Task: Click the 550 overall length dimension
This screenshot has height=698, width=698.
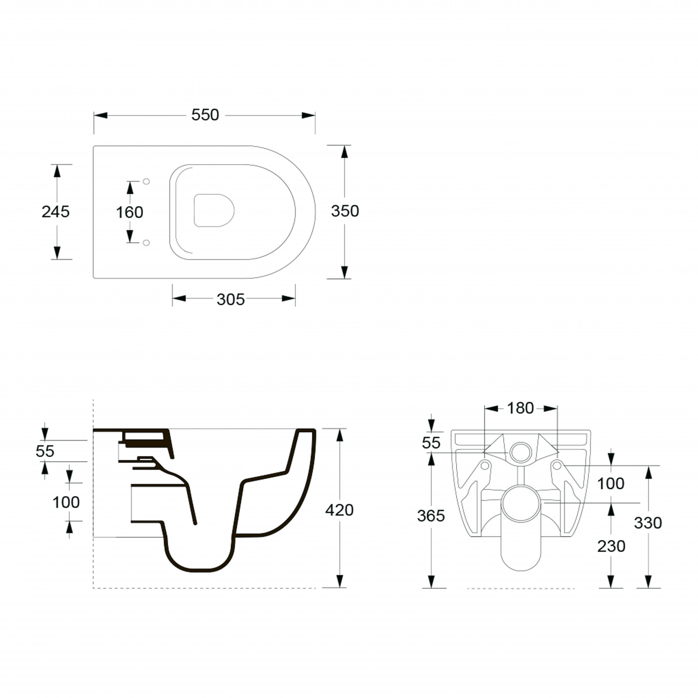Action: click(x=205, y=115)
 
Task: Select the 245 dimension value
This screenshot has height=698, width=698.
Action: click(x=55, y=212)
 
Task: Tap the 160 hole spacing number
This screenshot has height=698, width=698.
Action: click(x=130, y=212)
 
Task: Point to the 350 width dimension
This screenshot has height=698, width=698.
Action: click(x=345, y=211)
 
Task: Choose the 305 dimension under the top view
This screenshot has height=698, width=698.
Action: click(x=230, y=300)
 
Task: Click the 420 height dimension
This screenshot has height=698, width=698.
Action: click(x=339, y=510)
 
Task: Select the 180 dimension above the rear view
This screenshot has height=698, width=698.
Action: click(x=520, y=408)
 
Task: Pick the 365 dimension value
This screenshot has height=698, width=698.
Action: click(x=431, y=516)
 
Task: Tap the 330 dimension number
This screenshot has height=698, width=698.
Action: click(x=648, y=523)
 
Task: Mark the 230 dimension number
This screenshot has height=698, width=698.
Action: click(x=611, y=546)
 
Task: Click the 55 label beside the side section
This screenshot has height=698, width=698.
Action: click(x=45, y=451)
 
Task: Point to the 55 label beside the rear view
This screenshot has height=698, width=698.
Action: click(x=431, y=443)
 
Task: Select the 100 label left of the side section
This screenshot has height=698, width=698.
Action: click(x=66, y=503)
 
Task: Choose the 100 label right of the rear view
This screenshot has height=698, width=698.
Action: click(x=611, y=483)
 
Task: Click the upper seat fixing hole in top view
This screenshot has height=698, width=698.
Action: click(x=146, y=181)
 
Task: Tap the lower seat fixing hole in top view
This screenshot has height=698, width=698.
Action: click(x=146, y=243)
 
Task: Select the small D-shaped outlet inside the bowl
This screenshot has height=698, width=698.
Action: click(x=214, y=211)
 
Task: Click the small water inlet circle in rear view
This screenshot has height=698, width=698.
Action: click(x=520, y=452)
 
